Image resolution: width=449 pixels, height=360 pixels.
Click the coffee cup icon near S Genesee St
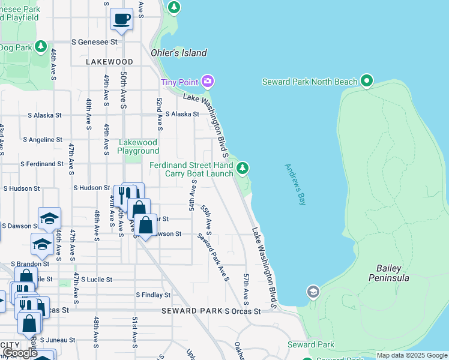click(121, 19)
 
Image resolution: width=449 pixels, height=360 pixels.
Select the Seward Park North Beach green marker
click(367, 81)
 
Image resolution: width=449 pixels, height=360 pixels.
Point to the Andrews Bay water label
click(295, 184)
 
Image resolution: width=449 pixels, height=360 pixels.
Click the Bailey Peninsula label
click(393, 273)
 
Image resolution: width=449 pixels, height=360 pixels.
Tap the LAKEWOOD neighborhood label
click(109, 62)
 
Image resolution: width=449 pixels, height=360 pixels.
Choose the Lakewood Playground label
click(138, 146)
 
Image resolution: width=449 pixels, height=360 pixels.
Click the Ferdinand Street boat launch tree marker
click(242, 168)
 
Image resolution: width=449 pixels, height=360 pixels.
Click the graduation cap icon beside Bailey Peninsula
click(312, 292)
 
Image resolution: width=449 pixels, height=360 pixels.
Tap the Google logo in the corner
click(19, 353)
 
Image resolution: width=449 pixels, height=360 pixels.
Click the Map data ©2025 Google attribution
click(412, 355)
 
